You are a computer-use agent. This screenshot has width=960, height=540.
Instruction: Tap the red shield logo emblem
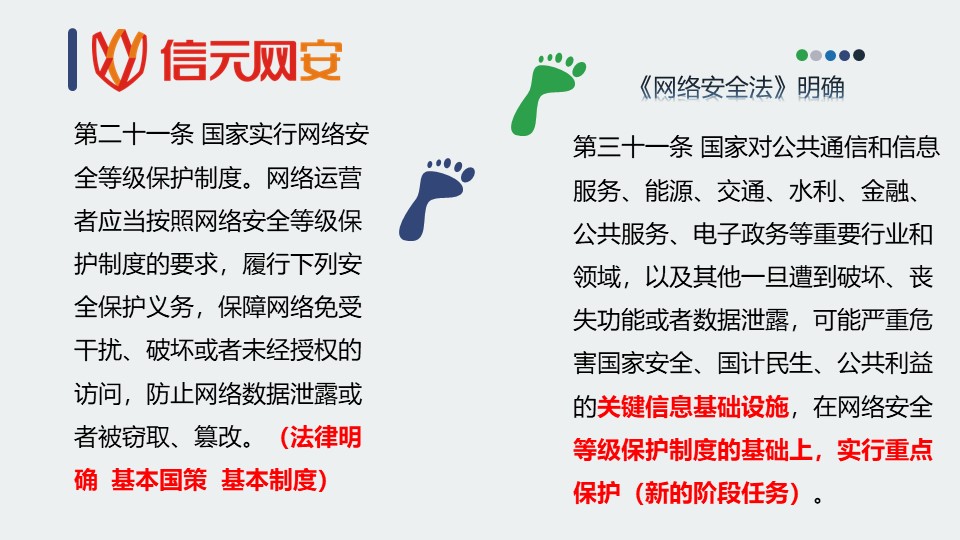click(x=119, y=59)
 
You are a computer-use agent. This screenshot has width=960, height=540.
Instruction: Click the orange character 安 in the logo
click(x=320, y=61)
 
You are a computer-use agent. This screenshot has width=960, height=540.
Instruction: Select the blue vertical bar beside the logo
click(x=72, y=59)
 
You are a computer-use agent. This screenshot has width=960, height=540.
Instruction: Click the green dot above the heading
click(x=801, y=55)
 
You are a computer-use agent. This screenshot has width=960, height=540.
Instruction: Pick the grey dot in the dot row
click(x=816, y=55)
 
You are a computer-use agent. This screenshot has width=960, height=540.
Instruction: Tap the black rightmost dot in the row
click(x=859, y=55)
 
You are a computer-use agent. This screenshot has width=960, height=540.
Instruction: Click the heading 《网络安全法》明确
click(x=741, y=88)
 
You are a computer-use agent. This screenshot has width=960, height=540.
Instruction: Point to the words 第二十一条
click(x=133, y=134)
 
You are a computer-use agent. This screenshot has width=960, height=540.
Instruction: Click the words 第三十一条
click(x=632, y=147)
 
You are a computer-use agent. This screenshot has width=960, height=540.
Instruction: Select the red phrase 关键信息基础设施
click(x=692, y=407)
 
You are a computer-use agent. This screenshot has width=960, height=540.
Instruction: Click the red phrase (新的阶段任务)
click(x=716, y=493)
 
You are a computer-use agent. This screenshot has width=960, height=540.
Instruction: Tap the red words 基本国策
click(x=159, y=480)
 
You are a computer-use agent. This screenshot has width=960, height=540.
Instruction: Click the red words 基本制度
click(x=268, y=480)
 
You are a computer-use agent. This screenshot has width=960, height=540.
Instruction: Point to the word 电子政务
click(x=740, y=234)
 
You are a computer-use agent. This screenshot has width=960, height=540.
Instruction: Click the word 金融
click(x=885, y=191)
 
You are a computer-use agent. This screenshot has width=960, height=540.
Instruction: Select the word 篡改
click(x=218, y=437)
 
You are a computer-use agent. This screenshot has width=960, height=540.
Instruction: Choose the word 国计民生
click(x=765, y=363)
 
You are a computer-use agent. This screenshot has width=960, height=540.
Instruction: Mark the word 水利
click(x=812, y=191)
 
